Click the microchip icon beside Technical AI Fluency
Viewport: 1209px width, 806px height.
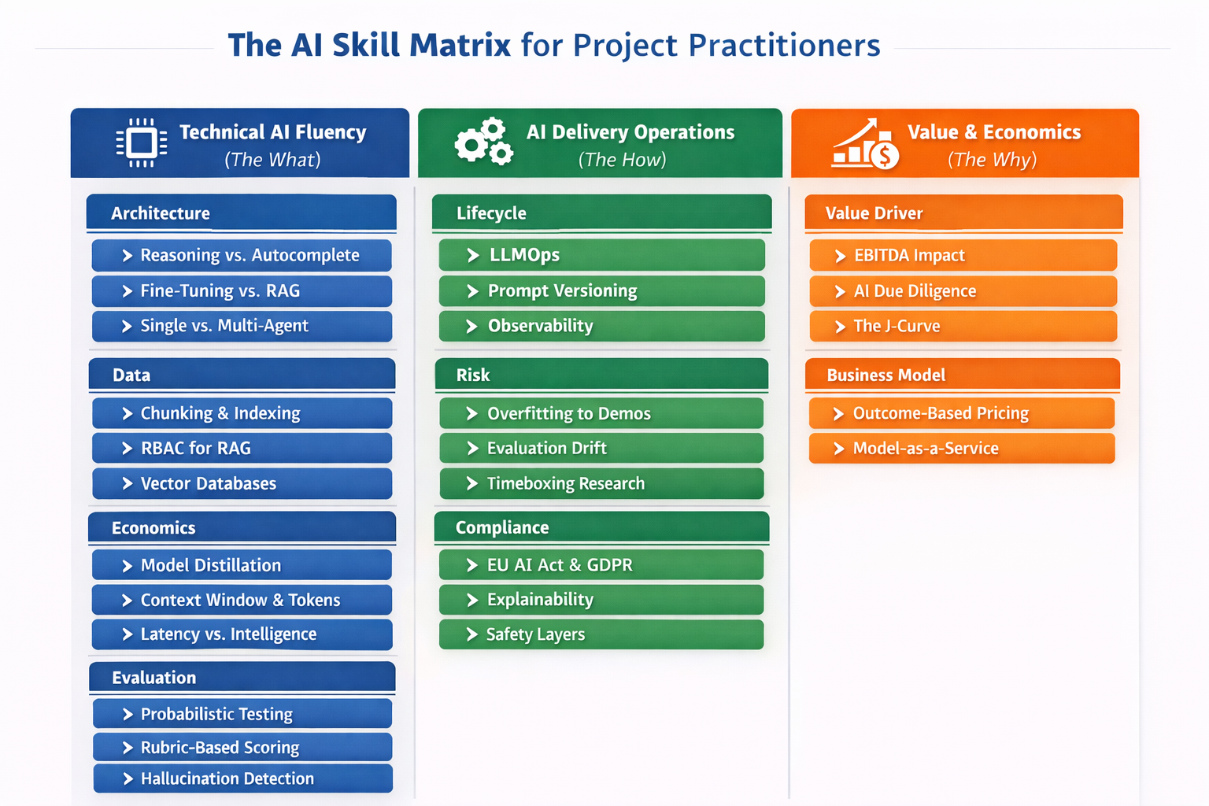(x=142, y=142)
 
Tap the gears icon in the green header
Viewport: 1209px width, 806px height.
(x=483, y=142)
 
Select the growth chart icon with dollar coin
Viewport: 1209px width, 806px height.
(x=865, y=143)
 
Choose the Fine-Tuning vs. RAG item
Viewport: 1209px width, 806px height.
(x=242, y=291)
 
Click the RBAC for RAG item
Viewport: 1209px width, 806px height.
(x=242, y=448)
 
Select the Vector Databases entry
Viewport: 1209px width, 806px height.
(x=242, y=483)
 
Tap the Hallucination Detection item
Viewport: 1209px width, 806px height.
(x=243, y=778)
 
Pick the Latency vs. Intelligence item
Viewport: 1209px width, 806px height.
(x=242, y=634)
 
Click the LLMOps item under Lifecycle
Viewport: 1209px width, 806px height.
(x=602, y=255)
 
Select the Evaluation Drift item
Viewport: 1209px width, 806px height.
(x=601, y=448)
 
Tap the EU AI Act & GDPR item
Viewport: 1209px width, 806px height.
(x=601, y=564)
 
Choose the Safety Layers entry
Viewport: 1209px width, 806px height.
(x=601, y=634)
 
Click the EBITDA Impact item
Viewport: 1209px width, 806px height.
(x=963, y=255)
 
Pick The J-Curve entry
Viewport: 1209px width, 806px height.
(x=963, y=326)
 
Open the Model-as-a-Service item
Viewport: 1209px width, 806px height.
(x=962, y=448)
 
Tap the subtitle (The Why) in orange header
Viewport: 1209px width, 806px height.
(x=992, y=159)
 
